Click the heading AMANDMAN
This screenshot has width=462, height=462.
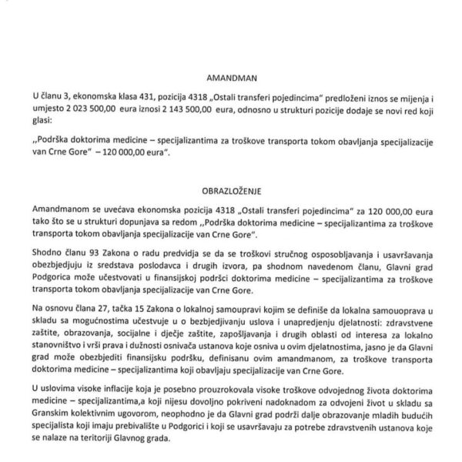click(x=231, y=78)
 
